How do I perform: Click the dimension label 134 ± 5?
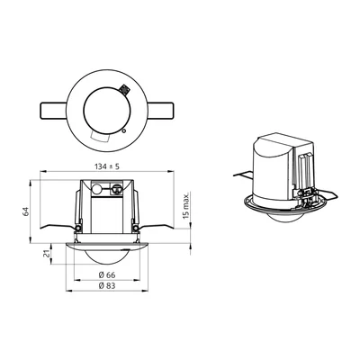coord(107,166)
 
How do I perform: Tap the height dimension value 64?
coord(26,211)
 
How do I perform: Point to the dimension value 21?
coord(46,255)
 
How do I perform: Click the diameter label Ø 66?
coord(107,274)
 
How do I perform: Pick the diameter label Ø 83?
coord(107,286)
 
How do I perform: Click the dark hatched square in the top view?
coord(123,89)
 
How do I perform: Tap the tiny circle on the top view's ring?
coord(124,130)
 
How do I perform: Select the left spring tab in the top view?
coord(53,111)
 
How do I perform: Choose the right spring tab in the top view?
coord(160,111)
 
